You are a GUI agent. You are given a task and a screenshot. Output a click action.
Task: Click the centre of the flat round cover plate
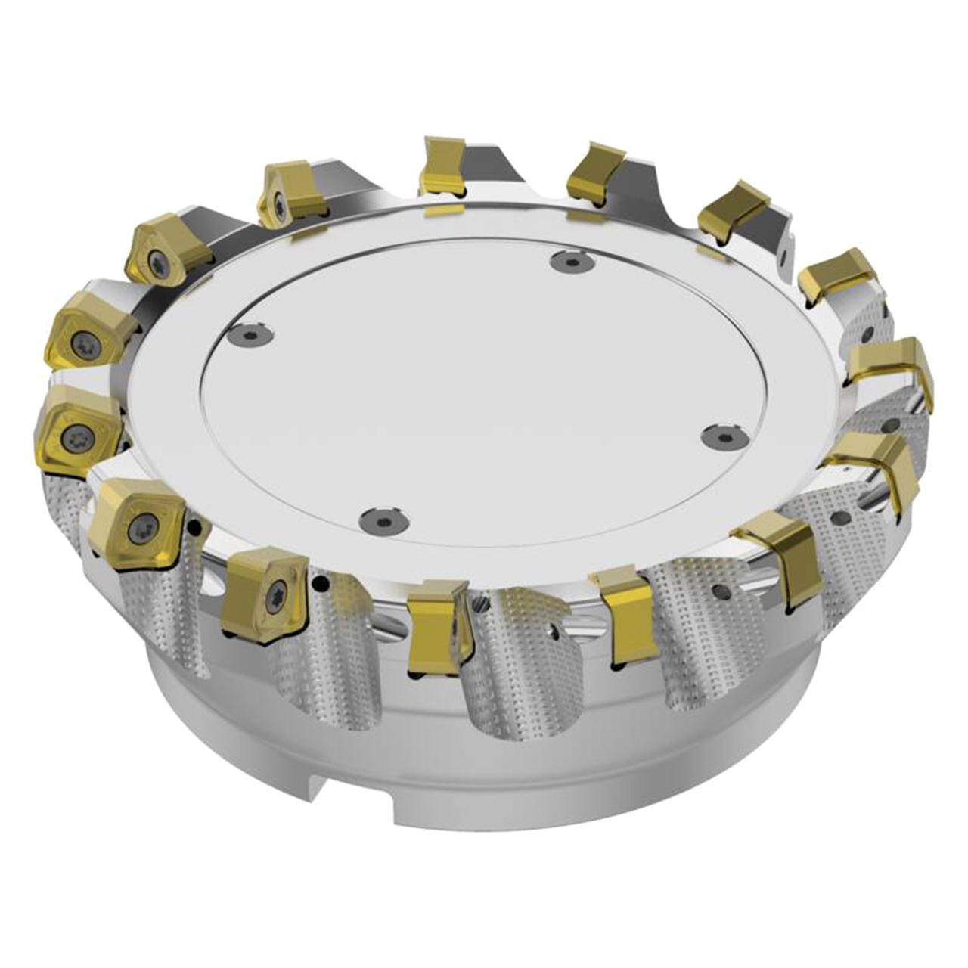(x=484, y=389)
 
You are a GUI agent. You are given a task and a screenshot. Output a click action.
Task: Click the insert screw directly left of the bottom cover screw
(x=275, y=597)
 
